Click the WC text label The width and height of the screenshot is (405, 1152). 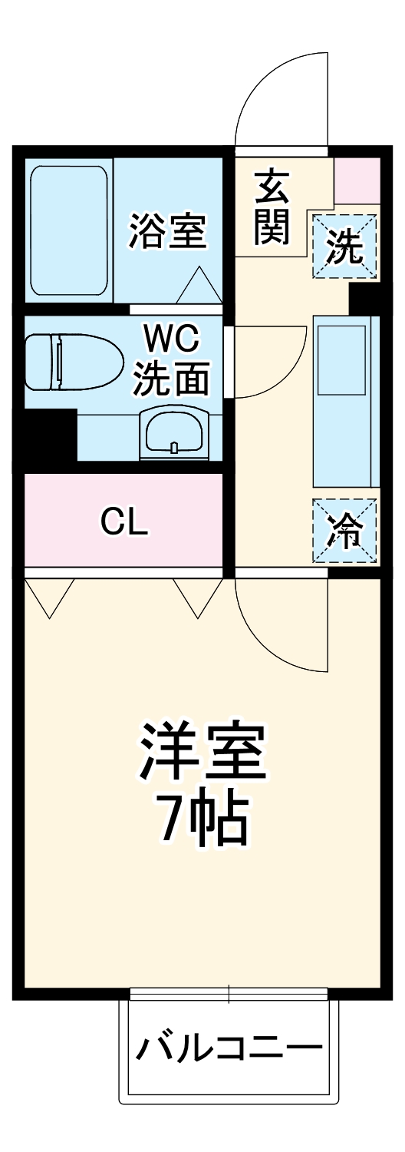pyautogui.click(x=173, y=337)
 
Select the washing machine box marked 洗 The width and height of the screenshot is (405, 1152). pyautogui.click(x=344, y=247)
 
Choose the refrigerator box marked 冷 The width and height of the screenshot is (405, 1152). pyautogui.click(x=344, y=530)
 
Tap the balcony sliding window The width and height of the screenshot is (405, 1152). pyautogui.click(x=229, y=994)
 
